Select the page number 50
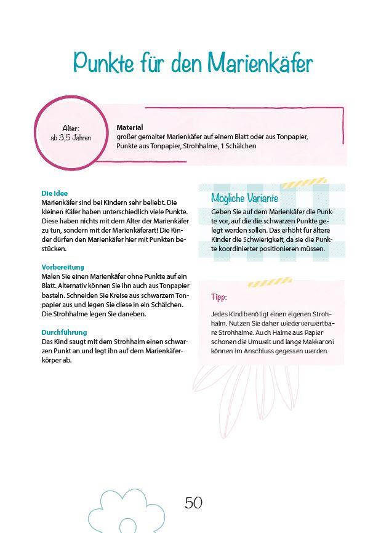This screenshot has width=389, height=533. tap(193, 503)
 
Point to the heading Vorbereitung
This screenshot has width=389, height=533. tap(63, 268)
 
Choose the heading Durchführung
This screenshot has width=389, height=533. tap(64, 332)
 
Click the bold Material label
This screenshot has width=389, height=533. tap(129, 127)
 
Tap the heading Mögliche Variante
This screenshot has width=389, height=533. tap(244, 198)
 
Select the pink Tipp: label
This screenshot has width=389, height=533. tap(219, 297)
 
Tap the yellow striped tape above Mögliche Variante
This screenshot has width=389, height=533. tap(305, 183)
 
